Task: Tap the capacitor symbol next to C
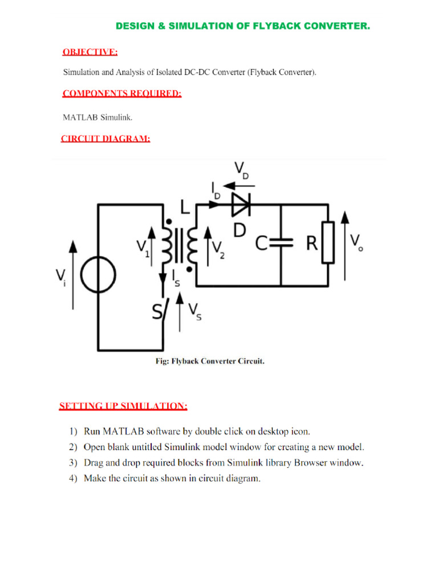(281, 244)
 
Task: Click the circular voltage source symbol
(98, 276)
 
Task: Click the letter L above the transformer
(185, 206)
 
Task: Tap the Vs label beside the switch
(195, 313)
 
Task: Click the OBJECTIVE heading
(90, 52)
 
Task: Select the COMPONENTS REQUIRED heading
(122, 94)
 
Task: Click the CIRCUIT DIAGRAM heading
(106, 138)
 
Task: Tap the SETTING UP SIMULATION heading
(123, 406)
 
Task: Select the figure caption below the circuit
(210, 361)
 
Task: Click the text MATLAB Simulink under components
(98, 118)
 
